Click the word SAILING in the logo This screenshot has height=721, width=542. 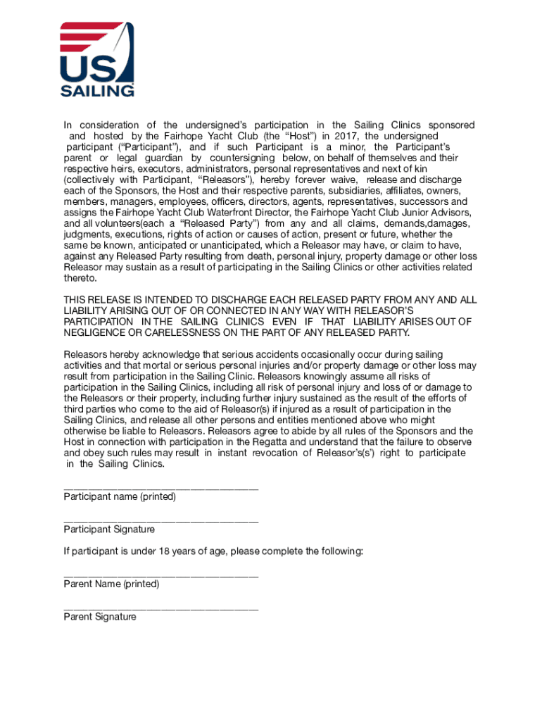96,91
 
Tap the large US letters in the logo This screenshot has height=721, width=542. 87,68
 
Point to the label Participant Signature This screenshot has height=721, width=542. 109,529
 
